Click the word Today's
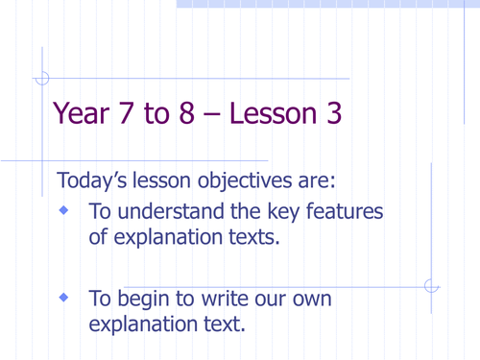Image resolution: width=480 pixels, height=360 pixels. (97, 180)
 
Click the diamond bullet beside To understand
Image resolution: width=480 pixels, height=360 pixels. (65, 210)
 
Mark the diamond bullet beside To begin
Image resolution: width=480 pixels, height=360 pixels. (65, 299)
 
